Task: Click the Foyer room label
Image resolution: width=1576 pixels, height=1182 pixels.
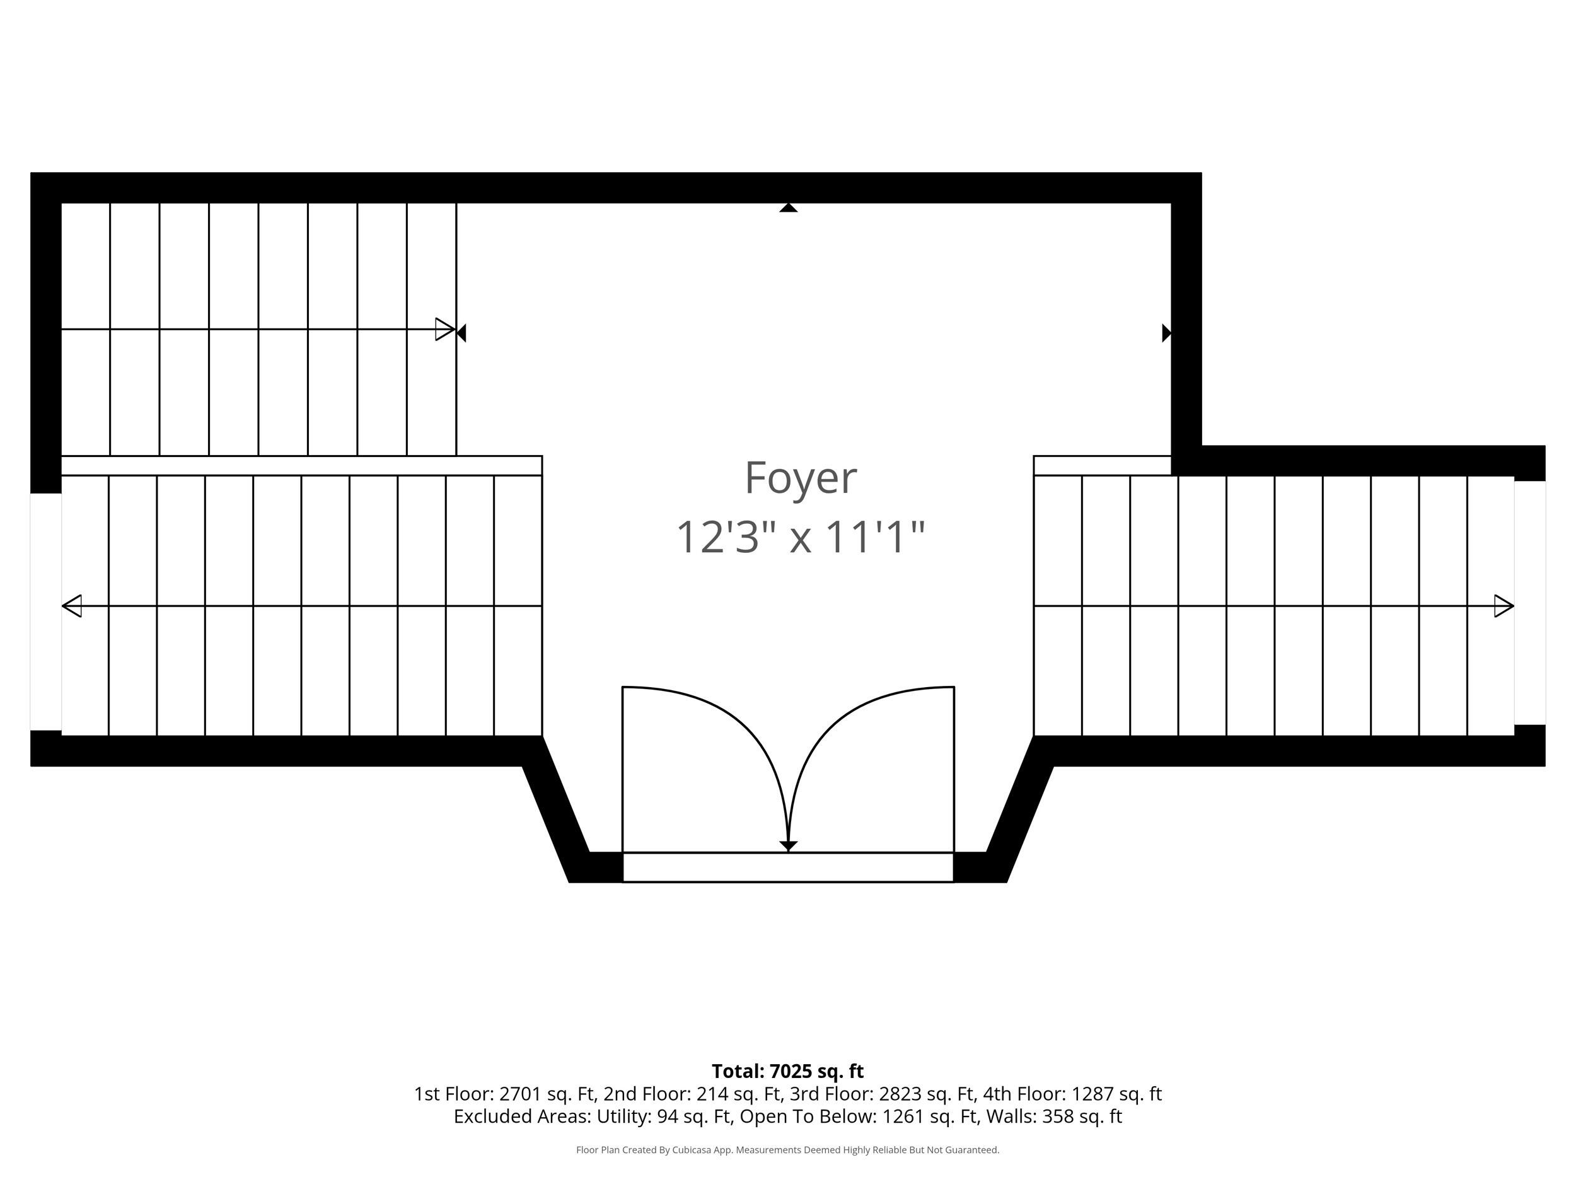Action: click(x=800, y=478)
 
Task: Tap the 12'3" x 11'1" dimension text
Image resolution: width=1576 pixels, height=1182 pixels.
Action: click(x=800, y=536)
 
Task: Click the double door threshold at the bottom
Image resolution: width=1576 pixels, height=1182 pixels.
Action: click(x=788, y=867)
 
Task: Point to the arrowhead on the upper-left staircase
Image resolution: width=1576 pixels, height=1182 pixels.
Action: click(x=445, y=329)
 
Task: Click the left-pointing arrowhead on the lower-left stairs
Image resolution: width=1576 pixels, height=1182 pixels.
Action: click(x=72, y=606)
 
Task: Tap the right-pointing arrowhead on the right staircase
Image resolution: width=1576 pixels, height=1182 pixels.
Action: click(x=1504, y=606)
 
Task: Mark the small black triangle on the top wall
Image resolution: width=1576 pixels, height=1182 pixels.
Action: click(x=788, y=208)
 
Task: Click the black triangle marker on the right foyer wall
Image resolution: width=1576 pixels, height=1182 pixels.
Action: click(x=1166, y=333)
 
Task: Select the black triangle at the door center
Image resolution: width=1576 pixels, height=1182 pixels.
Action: click(x=788, y=847)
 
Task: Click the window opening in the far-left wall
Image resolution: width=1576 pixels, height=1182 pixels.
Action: click(x=45, y=611)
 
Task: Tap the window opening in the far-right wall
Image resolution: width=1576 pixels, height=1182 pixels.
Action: click(x=1530, y=603)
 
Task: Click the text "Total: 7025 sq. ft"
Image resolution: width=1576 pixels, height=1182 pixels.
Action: click(x=787, y=1071)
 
